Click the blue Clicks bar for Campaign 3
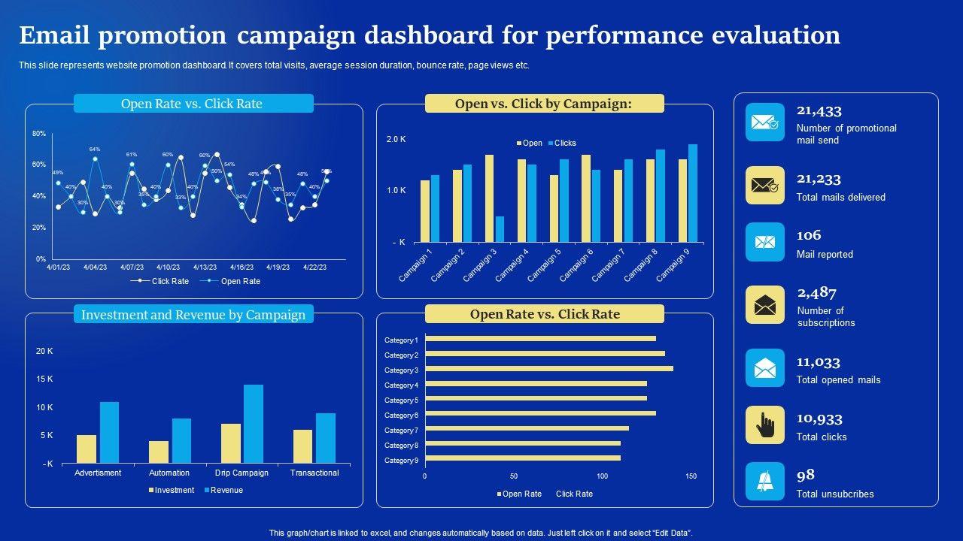pos(500,229)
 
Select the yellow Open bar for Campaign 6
pos(586,198)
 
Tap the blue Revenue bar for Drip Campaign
pos(254,424)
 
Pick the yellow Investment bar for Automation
pos(159,452)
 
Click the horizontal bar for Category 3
pos(549,369)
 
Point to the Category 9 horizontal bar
pos(523,458)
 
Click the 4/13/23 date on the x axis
pos(205,267)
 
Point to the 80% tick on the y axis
pos(39,134)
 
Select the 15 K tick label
pos(44,379)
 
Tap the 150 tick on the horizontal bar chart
pos(691,476)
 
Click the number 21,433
pos(819,111)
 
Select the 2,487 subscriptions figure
pos(816,293)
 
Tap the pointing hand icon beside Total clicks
pos(765,425)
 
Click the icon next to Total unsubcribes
pos(765,482)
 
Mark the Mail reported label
pos(825,255)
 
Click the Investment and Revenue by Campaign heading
pos(193,315)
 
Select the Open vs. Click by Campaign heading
pos(544,104)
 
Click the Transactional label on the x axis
pos(314,473)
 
